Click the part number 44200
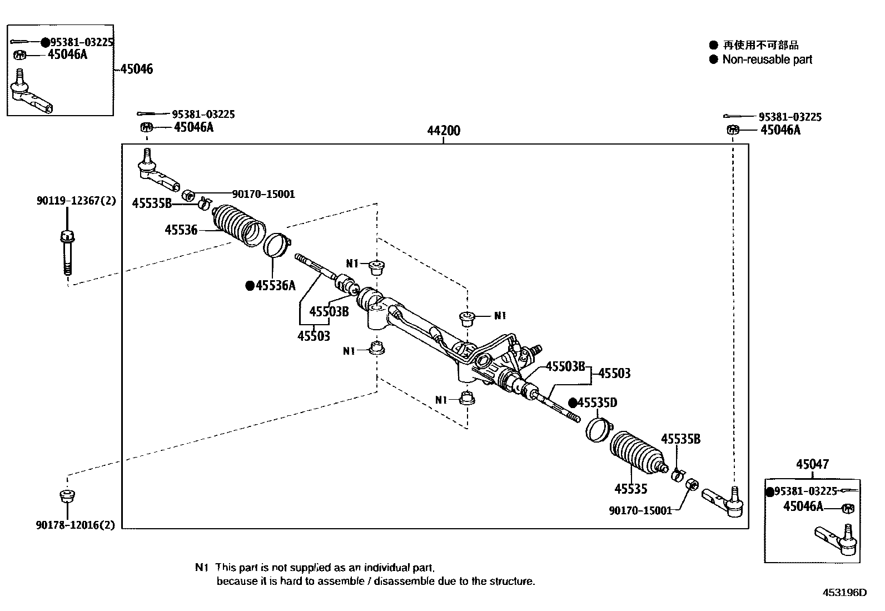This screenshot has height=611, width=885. point(444,131)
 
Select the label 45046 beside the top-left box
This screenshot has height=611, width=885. point(136,69)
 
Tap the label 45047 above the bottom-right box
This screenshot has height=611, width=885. point(812,464)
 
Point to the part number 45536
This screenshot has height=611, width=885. point(181,230)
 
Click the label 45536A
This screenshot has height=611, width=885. point(275,286)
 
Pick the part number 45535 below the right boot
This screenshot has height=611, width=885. point(630,489)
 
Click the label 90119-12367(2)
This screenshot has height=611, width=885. point(77,201)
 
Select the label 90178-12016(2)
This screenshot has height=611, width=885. point(77,525)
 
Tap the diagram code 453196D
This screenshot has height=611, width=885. point(845,592)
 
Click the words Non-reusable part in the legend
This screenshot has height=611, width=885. point(767,59)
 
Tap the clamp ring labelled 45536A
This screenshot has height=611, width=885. point(276,245)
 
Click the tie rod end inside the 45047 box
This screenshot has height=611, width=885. point(837,538)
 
